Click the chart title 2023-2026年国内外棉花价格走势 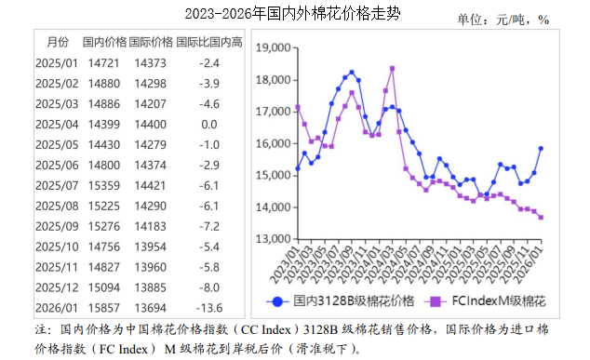(293, 14)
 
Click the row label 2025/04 (57, 124)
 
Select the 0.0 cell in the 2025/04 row (208, 124)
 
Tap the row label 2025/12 (57, 287)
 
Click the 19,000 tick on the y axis (274, 48)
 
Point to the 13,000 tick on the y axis (274, 239)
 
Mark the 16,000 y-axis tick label (274, 144)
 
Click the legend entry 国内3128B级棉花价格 (339, 301)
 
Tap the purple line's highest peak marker (392, 68)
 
